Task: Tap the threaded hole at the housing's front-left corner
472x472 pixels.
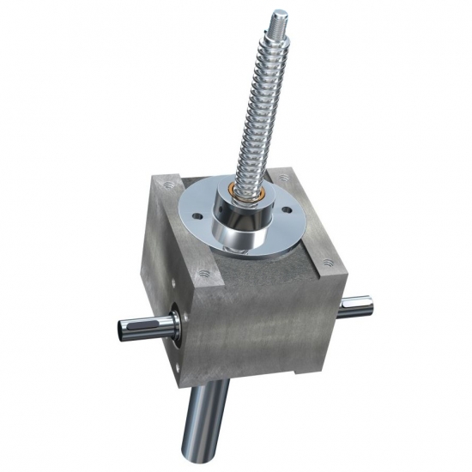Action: (203, 275)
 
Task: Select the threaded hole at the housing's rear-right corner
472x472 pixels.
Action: (282, 179)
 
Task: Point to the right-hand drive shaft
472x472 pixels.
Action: (356, 306)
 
